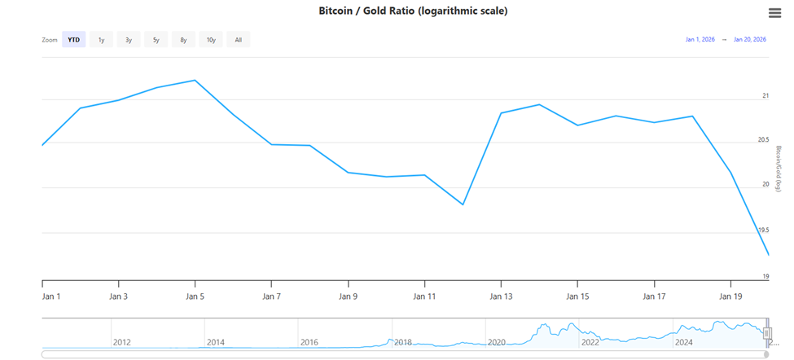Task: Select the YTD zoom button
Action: tap(74, 39)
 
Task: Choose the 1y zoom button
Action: tap(101, 39)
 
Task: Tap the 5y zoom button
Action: tap(156, 39)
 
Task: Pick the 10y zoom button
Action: tap(211, 39)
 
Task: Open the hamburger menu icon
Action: tap(774, 12)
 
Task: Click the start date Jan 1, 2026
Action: tap(700, 39)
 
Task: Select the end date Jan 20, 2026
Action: tap(750, 39)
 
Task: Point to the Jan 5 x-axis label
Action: tap(195, 296)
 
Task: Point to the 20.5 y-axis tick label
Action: tap(764, 140)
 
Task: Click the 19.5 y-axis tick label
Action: tap(764, 230)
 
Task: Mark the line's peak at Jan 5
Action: tap(195, 81)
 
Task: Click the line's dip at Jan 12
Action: tap(463, 204)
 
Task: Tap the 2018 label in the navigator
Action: tap(403, 342)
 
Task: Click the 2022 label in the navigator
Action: tap(590, 342)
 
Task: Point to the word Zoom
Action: tap(50, 39)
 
